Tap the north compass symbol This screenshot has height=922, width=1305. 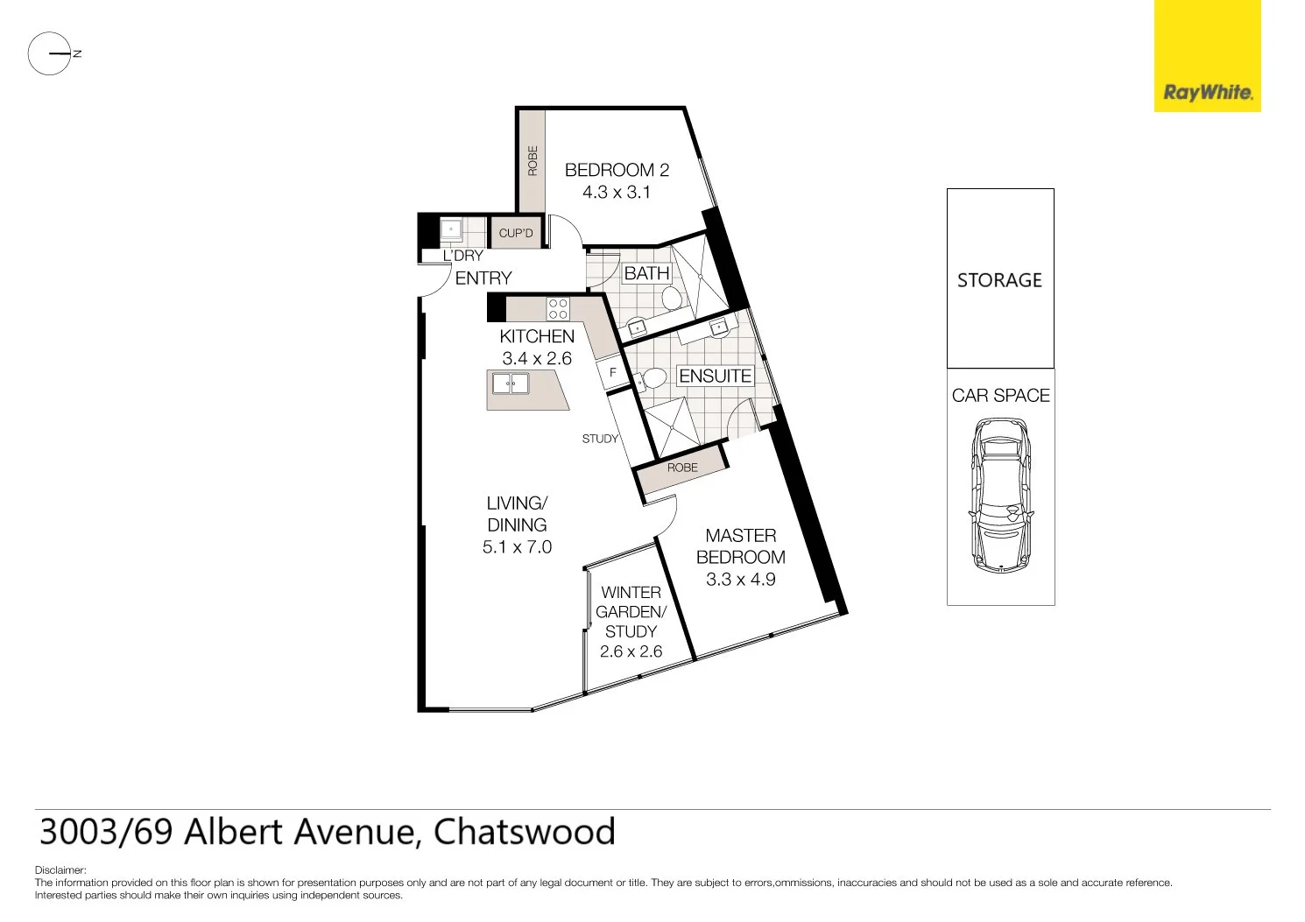point(51,53)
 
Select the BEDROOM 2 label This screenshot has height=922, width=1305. point(617,170)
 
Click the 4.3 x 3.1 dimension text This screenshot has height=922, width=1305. point(617,193)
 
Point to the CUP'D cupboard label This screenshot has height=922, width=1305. point(516,233)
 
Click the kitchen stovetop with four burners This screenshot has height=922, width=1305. point(558,309)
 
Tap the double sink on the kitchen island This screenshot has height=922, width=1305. point(510,384)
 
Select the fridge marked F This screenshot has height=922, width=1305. point(613,373)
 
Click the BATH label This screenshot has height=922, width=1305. point(646,273)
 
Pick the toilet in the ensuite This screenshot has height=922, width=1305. point(652,380)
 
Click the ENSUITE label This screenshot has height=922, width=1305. point(715,376)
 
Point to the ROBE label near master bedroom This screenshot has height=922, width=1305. point(682,468)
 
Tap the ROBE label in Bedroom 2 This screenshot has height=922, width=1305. point(533,161)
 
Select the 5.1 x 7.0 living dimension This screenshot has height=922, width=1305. point(517,547)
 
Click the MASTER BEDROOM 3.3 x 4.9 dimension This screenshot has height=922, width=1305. point(741,580)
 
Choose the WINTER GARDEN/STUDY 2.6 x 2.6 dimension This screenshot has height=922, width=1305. point(631,651)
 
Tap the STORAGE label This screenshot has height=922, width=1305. point(999,280)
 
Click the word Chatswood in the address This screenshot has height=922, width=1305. point(524,832)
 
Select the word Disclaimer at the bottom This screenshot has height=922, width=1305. point(60,870)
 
